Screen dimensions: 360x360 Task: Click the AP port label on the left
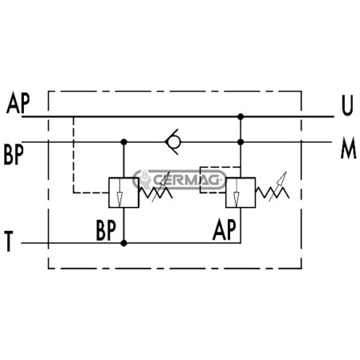[18, 103]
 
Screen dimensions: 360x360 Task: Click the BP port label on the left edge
[14, 155]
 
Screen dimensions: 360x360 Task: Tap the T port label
[9, 241]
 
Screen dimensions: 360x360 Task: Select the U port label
[347, 105]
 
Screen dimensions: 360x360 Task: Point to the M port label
[348, 149]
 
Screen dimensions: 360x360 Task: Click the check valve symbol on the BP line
[173, 142]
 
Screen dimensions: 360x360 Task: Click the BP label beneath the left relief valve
[106, 230]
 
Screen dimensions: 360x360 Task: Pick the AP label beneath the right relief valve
[225, 229]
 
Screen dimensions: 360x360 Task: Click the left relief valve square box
[123, 193]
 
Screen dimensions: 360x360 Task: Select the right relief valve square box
[241, 193]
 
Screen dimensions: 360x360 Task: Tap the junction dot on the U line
[241, 116]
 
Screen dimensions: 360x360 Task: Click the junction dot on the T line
[123, 243]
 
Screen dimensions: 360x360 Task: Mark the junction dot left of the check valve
[123, 142]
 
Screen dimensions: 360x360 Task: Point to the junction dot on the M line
[241, 142]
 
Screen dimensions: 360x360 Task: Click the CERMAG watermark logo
[179, 179]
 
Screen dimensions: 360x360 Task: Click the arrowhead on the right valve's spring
[283, 177]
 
